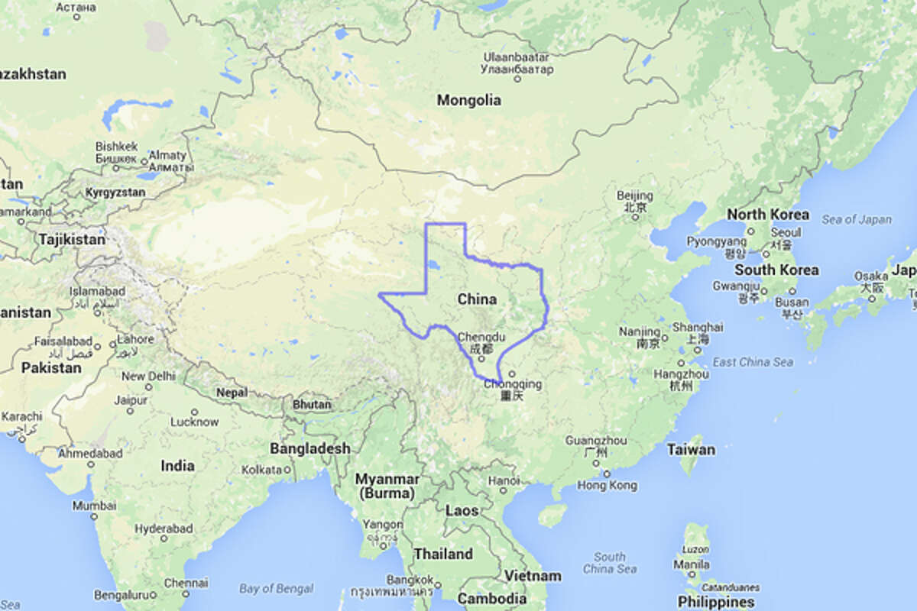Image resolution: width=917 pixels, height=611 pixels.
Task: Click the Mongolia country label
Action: (469, 100)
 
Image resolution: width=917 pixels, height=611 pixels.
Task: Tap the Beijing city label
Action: (634, 196)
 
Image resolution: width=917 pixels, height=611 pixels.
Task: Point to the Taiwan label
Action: (691, 449)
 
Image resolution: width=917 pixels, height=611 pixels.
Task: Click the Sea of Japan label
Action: (857, 220)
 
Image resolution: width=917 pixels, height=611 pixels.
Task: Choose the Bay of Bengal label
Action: (276, 589)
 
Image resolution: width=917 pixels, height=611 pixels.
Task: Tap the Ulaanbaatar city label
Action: (517, 57)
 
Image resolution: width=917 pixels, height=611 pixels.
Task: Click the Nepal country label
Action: (232, 392)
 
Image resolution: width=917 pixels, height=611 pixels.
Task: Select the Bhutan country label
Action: (313, 404)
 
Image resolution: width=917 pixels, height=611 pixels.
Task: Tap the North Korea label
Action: (768, 215)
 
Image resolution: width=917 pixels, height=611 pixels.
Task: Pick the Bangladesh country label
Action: (309, 449)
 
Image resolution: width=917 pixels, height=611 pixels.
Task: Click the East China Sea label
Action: (752, 362)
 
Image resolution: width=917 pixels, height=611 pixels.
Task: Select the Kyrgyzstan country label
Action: (115, 192)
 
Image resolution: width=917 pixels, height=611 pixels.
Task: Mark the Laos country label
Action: (462, 511)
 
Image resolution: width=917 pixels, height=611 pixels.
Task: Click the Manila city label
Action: (692, 565)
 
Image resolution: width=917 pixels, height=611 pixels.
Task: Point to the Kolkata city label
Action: (262, 470)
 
